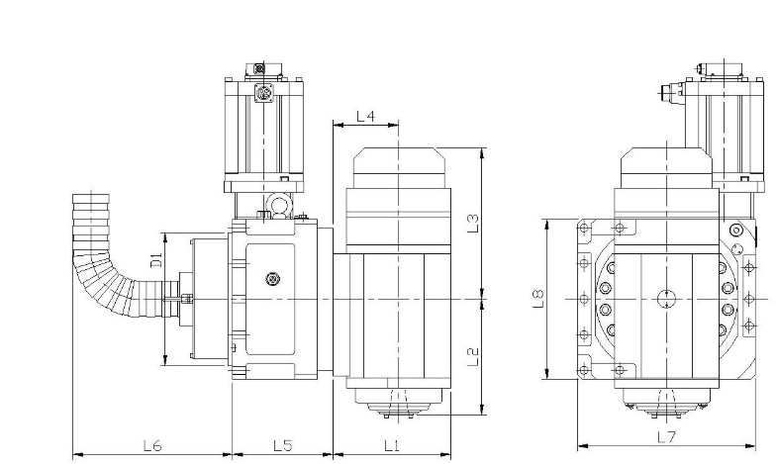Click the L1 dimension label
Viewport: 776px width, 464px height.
[392, 445]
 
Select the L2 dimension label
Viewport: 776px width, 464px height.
[473, 356]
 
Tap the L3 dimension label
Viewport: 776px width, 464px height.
[473, 223]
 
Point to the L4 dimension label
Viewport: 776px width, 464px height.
[366, 117]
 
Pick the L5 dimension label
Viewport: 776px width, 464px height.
[283, 445]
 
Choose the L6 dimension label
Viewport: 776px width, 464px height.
[152, 445]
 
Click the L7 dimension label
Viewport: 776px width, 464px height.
[666, 437]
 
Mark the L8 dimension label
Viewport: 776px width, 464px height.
[538, 299]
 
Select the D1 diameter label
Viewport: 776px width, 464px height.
[156, 259]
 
